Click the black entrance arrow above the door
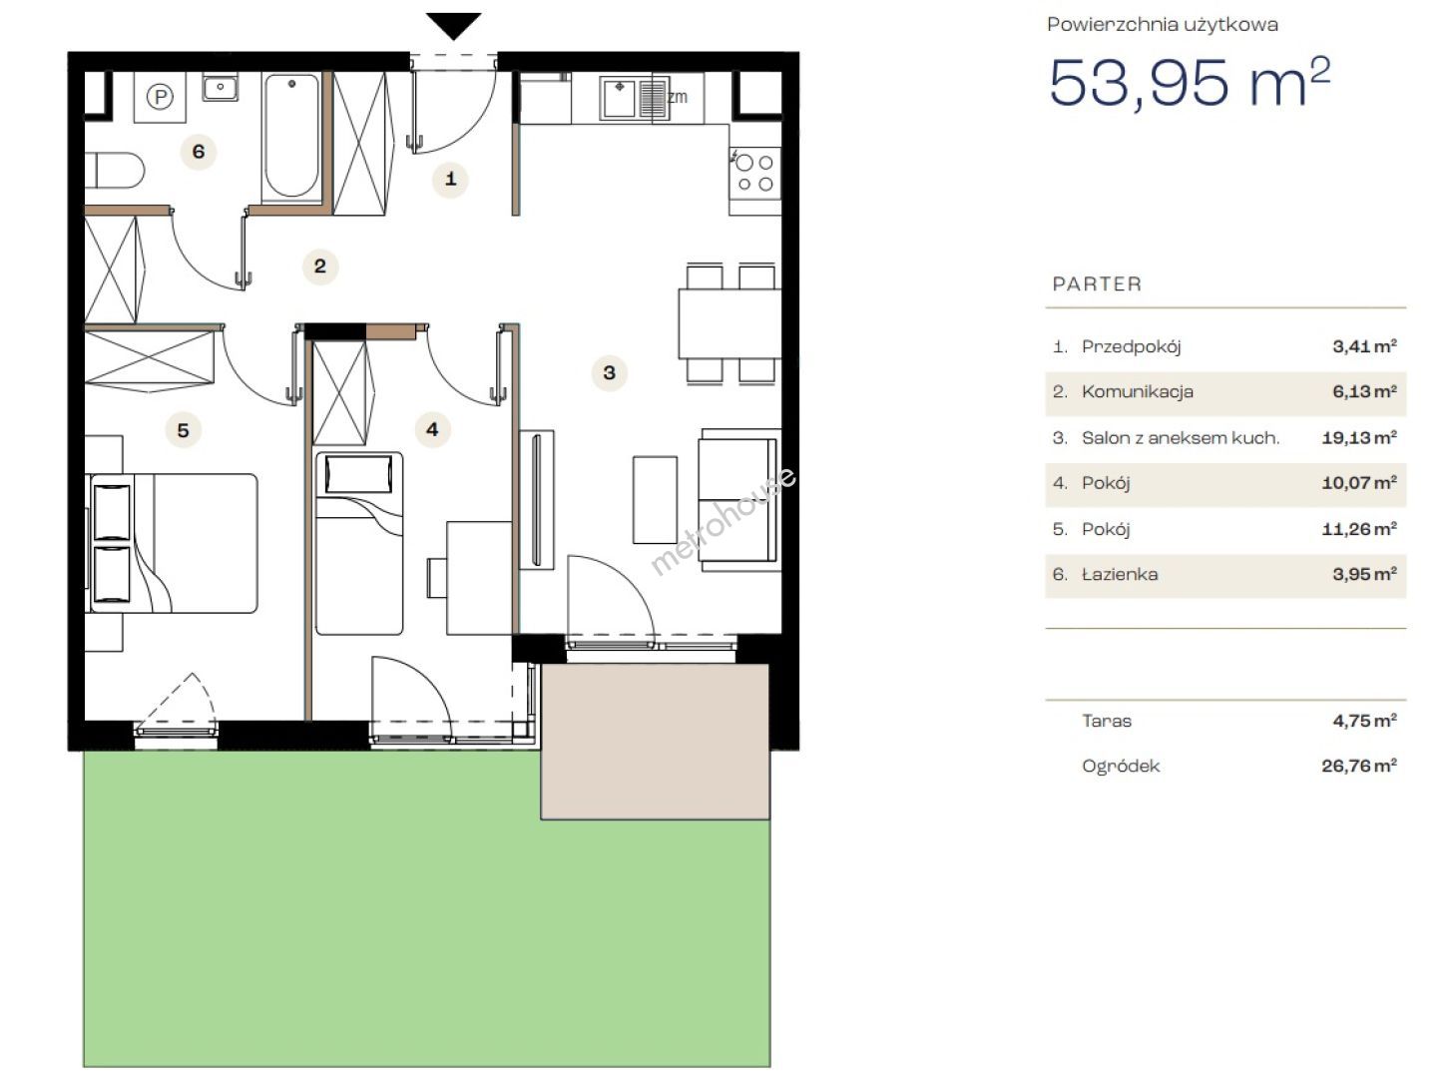point(453,25)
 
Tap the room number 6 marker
point(199,153)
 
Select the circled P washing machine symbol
point(160,97)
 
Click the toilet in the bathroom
point(115,170)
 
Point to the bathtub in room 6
point(292,137)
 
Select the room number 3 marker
point(610,372)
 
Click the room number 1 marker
point(450,179)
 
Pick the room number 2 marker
point(320,267)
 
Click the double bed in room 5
point(172,543)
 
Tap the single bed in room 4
point(359,543)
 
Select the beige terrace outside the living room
point(655,742)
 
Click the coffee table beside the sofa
point(655,500)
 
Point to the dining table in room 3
point(729,323)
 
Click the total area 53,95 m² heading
point(1190,83)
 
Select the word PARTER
point(1097,284)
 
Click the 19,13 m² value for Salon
point(1358,437)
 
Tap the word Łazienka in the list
point(1120,575)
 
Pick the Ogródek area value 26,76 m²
point(1358,766)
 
